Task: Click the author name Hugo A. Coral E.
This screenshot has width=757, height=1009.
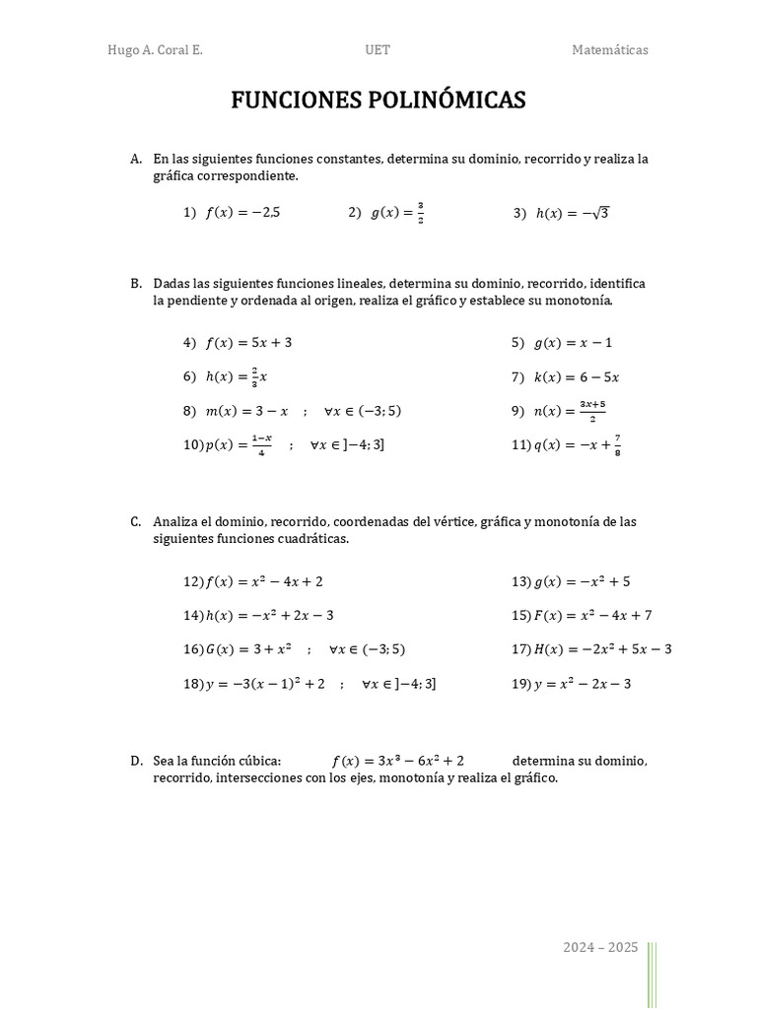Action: click(155, 50)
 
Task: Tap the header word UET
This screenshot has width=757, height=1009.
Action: click(378, 50)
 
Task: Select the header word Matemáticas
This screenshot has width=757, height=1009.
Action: click(610, 50)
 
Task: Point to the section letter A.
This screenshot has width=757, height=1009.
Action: click(136, 159)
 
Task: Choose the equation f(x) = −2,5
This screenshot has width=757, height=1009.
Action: click(242, 212)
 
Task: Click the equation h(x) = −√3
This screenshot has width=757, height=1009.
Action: click(573, 212)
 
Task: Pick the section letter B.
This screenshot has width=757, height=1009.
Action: click(136, 284)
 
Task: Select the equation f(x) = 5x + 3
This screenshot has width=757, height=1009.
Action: click(248, 343)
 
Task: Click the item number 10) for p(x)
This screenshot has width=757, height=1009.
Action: click(192, 445)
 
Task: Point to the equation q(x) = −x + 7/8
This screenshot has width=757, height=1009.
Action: click(578, 445)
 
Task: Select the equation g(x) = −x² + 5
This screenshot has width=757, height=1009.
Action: click(582, 581)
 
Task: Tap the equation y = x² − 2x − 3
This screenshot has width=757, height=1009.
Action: click(583, 684)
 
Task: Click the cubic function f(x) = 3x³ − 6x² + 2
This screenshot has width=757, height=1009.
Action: click(398, 761)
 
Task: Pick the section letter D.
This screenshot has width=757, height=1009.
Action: click(136, 761)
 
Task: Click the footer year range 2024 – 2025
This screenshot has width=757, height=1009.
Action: click(600, 948)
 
